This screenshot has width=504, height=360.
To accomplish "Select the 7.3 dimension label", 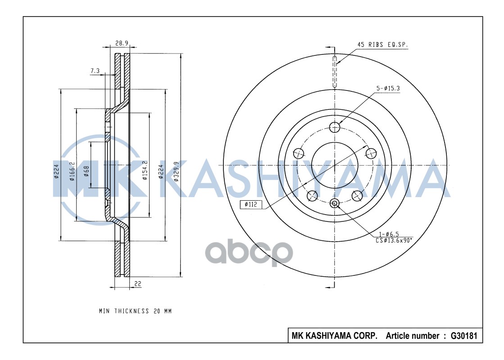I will pos(95,71).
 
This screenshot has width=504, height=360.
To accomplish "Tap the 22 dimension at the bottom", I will pos(137,283).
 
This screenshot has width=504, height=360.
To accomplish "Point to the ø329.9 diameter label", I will pos(177,171).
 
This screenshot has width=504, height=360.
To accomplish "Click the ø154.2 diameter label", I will pos(145,170).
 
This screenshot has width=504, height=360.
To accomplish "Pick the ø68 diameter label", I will pos(86,171).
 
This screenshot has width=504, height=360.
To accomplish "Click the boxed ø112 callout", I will pos(250,205).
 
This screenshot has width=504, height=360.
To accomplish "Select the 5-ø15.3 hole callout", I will pos(388,88).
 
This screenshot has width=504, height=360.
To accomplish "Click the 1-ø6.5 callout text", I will pos(388,234).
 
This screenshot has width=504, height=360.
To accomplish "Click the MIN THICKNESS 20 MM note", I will pos(135,311).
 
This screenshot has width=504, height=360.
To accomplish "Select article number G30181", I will pos(458,336).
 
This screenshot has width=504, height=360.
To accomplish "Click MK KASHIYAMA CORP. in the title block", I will pos(335,336).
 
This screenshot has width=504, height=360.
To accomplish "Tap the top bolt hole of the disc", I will pos(334,127).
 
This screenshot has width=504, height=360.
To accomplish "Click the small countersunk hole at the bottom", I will pos(334,203).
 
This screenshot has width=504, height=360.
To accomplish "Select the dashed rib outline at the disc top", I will pos(335,72).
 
